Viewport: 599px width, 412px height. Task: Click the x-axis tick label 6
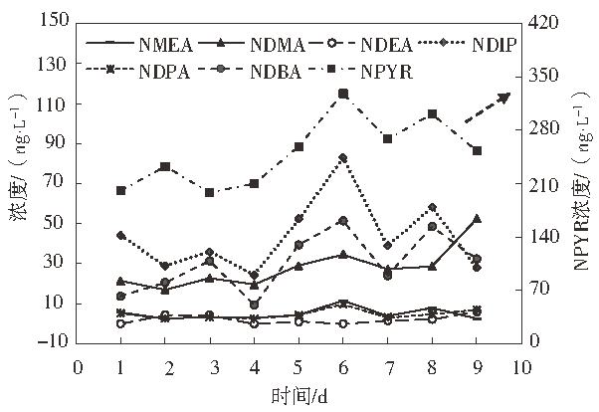(x=343, y=367)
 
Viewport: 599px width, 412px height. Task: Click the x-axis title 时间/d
(x=299, y=396)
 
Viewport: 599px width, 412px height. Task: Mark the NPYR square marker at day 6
(x=343, y=94)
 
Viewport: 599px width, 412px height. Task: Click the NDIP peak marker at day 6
(x=343, y=157)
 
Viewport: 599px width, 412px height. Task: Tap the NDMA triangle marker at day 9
(x=477, y=218)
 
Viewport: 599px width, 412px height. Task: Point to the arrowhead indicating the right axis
(x=504, y=98)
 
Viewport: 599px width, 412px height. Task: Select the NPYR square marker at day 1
(x=120, y=190)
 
